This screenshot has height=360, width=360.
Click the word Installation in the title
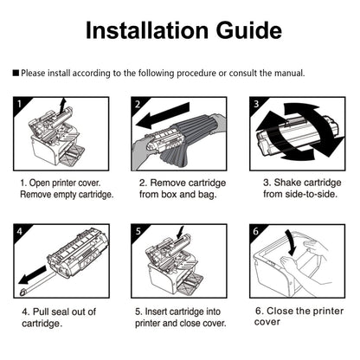coord(147,30)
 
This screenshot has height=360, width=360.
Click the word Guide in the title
coord(249,30)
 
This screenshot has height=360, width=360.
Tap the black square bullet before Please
coord(16,73)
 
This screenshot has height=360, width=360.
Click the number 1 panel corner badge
coord(20,104)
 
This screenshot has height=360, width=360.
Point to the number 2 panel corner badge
coord(138,104)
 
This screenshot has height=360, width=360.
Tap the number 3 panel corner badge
coord(256,104)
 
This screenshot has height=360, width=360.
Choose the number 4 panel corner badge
coord(20,231)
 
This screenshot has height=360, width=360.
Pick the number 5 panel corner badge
coord(138,231)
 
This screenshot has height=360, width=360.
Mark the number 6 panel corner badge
coord(256,231)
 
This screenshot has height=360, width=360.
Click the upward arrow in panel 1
coord(62,106)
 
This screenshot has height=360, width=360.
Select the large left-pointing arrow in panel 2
coord(163,117)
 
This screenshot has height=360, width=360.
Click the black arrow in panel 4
coord(32,275)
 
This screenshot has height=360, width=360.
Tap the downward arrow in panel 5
coord(180,233)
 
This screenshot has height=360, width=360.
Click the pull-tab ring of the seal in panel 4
coord(22,292)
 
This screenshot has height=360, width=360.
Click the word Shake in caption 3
coord(287,183)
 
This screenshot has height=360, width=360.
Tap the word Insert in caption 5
coord(156,312)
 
